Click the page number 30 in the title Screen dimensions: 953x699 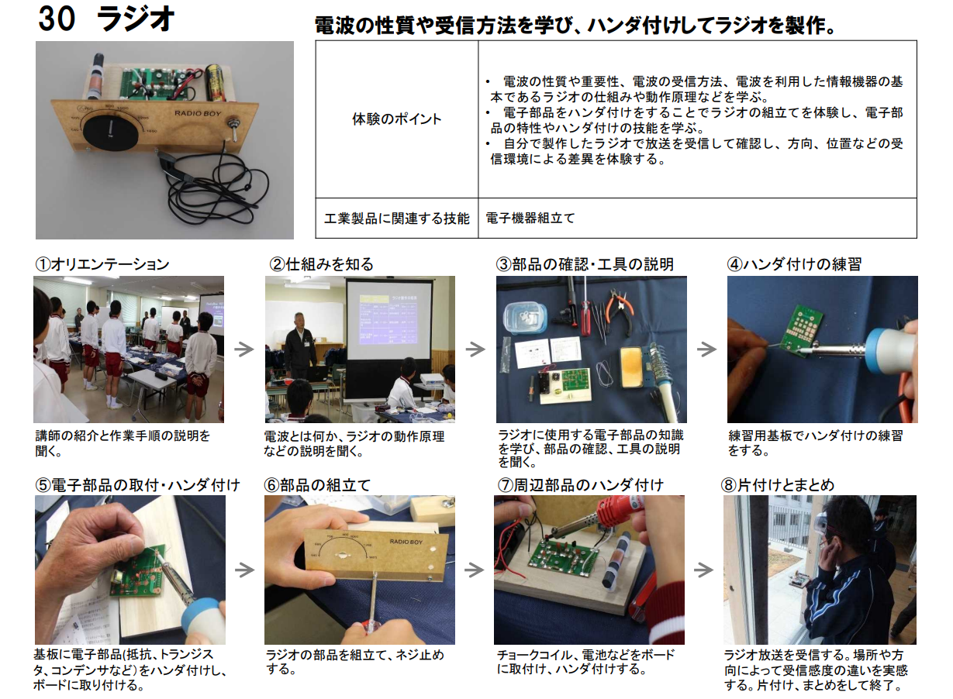pos(57,19)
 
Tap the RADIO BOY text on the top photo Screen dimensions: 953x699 pos(198,113)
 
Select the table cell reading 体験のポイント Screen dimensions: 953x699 pos(396,119)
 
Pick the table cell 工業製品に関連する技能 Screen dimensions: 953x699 pos(396,218)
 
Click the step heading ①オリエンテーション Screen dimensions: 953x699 pos(102,264)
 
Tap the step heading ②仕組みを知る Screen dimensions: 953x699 pos(321,264)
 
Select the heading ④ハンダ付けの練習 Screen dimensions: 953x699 pos(794,264)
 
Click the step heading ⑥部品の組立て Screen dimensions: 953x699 pos(317,485)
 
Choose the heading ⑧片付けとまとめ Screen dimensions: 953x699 pos(777,485)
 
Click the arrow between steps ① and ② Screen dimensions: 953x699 pos(244,349)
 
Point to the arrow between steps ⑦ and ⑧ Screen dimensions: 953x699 pos(703,570)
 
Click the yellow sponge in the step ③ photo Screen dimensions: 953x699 pos(633,367)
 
